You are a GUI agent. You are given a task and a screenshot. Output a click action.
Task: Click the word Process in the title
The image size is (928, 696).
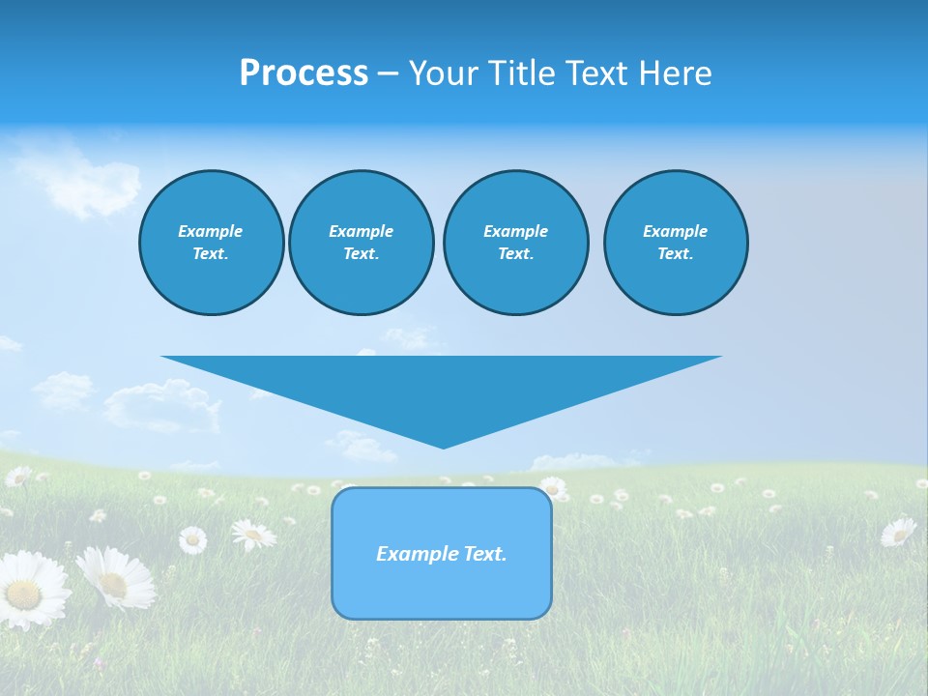(x=304, y=73)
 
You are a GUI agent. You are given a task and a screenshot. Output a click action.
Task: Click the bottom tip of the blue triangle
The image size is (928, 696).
(x=443, y=446)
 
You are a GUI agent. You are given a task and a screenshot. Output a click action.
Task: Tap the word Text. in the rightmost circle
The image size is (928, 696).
(x=675, y=254)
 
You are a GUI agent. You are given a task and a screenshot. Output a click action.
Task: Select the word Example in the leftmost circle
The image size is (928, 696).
(x=211, y=231)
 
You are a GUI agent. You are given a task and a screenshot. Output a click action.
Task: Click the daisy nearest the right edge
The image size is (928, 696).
(x=898, y=531)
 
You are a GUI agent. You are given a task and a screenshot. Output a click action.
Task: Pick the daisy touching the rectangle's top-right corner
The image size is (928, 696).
(x=553, y=487)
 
